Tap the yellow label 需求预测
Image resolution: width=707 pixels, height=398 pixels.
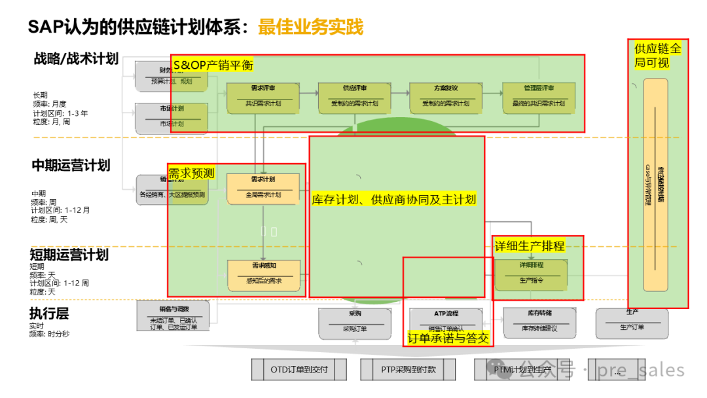pos(191,173)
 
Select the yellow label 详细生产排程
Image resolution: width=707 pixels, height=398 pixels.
pos(529,246)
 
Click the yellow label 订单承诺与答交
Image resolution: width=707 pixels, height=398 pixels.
pos(448,338)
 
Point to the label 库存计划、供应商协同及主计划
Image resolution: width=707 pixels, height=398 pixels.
pos(393,200)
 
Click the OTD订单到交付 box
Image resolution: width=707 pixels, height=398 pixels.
pos(299,370)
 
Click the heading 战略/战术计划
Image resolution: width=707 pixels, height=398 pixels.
pos(76,59)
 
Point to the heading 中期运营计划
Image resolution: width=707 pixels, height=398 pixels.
pos(71,166)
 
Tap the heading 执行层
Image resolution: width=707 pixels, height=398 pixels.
pos(49,314)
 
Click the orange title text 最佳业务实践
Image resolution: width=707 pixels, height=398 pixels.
pos(310,27)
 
